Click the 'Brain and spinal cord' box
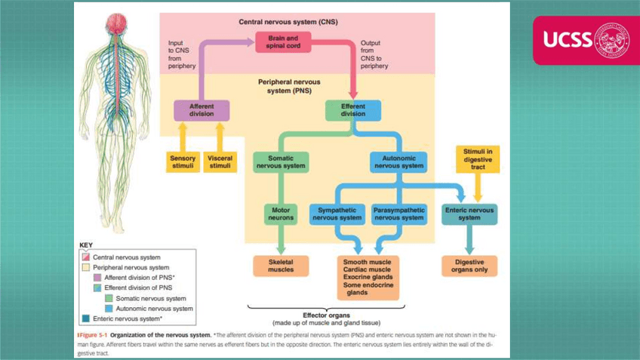(x=283, y=42)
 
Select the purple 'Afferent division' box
(x=202, y=110)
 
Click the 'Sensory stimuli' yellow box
(x=183, y=162)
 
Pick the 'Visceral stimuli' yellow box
(x=220, y=162)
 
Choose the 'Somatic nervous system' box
(x=281, y=162)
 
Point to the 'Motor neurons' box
(x=281, y=214)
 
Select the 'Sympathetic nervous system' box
(x=337, y=214)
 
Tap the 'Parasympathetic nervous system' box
(x=399, y=214)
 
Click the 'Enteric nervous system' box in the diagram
(x=469, y=214)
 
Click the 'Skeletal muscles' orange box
(x=281, y=266)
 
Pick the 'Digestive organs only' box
(x=469, y=266)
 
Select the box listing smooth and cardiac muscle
(x=368, y=277)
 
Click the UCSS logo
(x=586, y=39)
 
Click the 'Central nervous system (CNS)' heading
(x=288, y=22)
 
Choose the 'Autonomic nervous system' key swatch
(x=109, y=308)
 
